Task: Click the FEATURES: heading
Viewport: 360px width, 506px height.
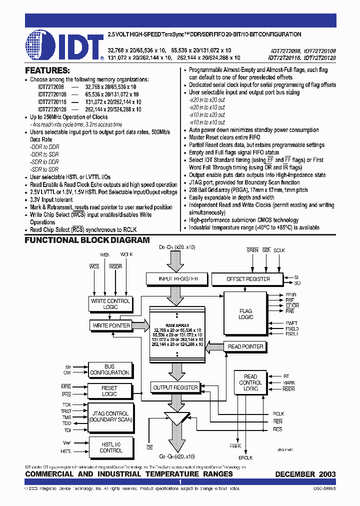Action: pos(47,71)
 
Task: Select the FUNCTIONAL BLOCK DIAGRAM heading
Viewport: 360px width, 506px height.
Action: pos(87,240)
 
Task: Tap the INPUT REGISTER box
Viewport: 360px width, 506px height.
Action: pos(177,278)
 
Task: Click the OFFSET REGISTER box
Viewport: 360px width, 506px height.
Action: pos(248,278)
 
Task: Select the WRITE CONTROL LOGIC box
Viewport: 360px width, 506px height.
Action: pos(110,303)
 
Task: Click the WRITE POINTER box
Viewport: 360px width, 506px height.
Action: pos(111,325)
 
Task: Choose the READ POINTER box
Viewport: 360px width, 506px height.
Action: pos(245,346)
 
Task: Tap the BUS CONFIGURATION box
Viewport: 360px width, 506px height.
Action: pos(109,369)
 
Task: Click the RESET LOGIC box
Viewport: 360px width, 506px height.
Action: pos(109,391)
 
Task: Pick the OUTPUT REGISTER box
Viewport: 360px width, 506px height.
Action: pos(175,387)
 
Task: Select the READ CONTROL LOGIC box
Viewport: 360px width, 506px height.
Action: pos(250,382)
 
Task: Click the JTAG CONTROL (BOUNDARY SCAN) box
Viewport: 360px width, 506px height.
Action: pos(109,416)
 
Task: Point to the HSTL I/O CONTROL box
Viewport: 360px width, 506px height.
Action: pos(110,447)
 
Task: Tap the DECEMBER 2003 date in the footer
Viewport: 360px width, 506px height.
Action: pos(305,473)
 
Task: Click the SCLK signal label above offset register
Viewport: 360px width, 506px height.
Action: pos(279,250)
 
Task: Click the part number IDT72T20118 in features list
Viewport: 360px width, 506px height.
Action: pos(52,101)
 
